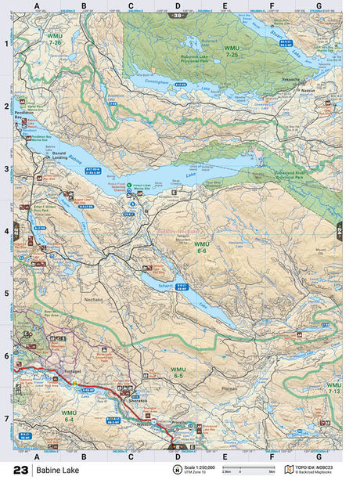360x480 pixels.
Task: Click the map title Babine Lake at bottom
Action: tap(56, 471)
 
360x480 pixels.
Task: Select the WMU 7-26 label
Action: tap(55, 40)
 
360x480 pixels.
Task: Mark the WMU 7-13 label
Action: tap(333, 389)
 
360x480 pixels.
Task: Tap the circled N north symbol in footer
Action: tap(177, 470)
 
